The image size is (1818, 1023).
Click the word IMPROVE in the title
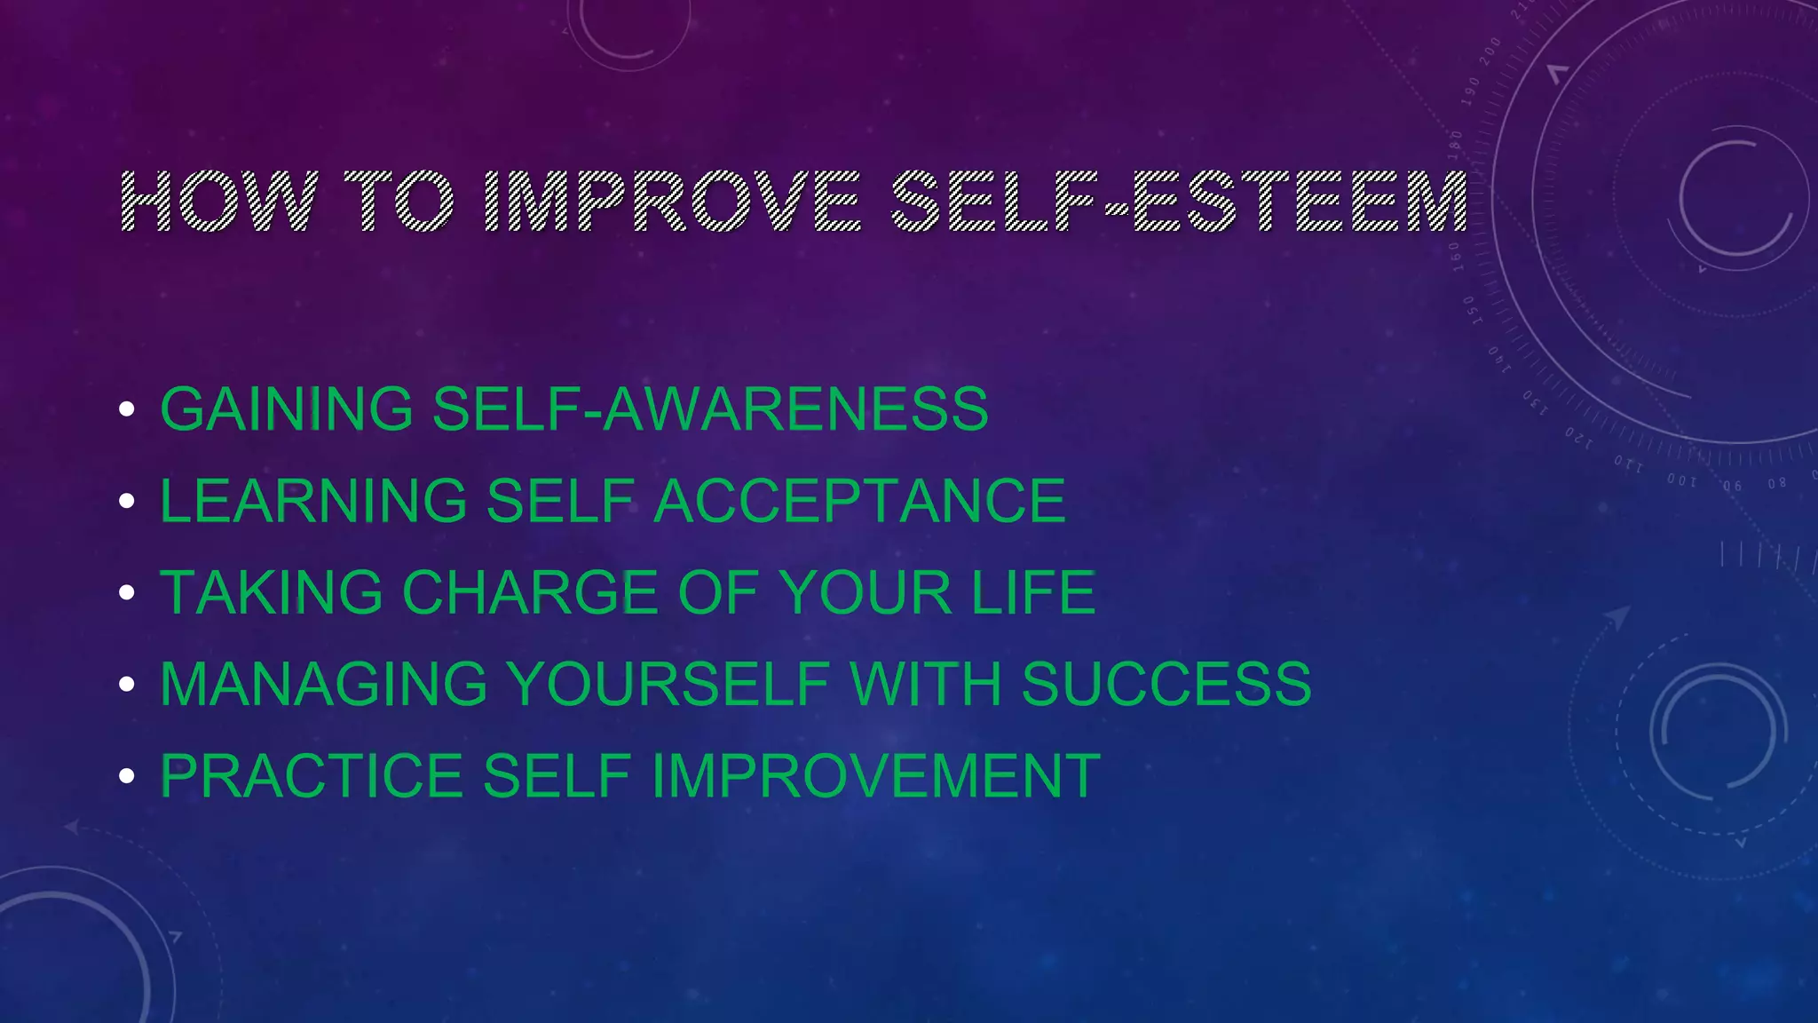673,202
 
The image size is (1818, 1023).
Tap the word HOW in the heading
218,202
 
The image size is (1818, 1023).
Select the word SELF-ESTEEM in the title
1179,202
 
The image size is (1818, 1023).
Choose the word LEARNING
313,501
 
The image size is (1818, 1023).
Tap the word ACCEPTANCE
859,501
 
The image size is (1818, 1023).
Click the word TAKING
271,592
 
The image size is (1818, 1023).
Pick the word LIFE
1033,592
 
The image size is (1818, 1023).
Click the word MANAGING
323,684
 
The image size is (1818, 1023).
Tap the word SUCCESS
1166,684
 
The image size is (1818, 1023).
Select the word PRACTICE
312,776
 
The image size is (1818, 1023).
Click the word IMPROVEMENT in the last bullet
876,776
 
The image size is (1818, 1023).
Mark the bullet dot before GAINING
127,409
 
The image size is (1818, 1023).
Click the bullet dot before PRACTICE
127,776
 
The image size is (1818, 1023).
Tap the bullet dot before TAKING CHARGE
127,592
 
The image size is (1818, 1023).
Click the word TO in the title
399,202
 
